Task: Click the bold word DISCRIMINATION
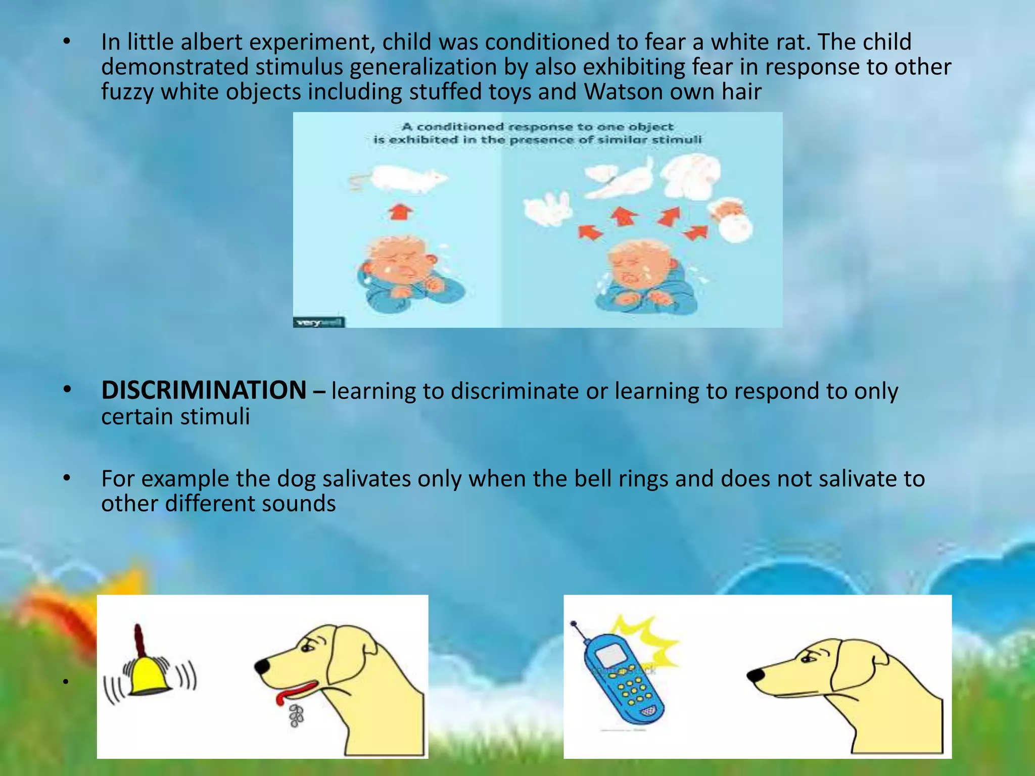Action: point(204,390)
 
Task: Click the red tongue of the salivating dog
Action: point(296,692)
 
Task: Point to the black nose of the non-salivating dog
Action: point(755,675)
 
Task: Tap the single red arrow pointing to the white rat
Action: point(400,211)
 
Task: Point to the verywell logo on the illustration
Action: point(319,322)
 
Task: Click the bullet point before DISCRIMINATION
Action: point(67,390)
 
